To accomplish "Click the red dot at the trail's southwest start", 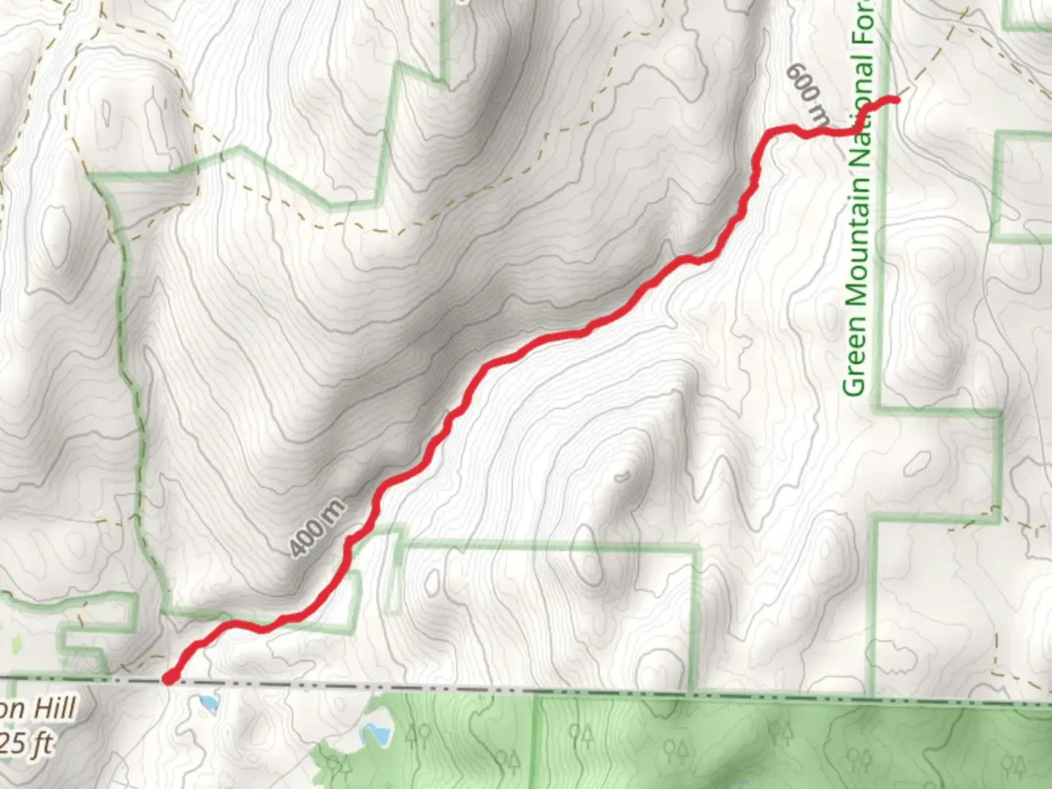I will coord(169,679).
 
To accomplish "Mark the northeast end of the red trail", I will coord(894,99).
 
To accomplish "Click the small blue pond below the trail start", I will coord(209,704).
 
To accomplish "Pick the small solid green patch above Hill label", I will coord(17,644).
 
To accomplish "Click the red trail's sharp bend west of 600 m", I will coord(771,132).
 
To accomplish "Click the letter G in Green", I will coord(855,384).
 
